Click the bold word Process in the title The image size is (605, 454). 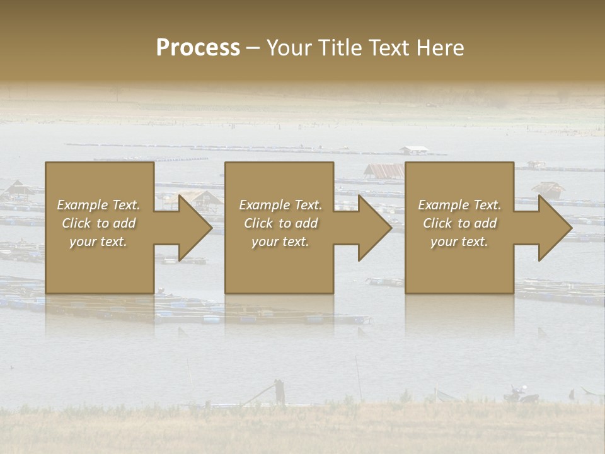click(198, 48)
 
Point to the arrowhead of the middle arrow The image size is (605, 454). click(374, 228)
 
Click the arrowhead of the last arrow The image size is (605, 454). click(555, 228)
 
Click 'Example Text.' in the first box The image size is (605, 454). click(99, 205)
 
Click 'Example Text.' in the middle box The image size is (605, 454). click(280, 205)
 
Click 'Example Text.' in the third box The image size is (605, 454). click(459, 205)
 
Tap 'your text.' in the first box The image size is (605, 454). click(99, 242)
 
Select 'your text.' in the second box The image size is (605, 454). click(280, 242)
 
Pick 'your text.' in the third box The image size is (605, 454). click(459, 242)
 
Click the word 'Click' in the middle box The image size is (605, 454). click(257, 223)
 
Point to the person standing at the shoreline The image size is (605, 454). click(279, 392)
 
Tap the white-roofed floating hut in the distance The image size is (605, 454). click(414, 150)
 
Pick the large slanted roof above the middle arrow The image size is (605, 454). click(384, 170)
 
